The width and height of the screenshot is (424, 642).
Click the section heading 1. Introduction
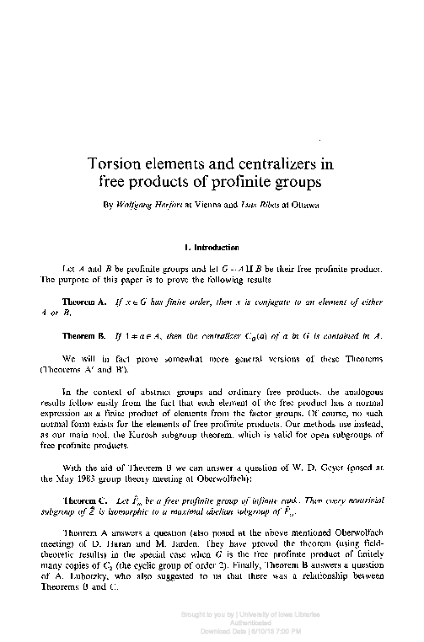[212, 247]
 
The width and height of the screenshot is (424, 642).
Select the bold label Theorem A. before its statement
[83, 301]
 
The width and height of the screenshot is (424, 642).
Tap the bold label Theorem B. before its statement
[83, 336]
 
